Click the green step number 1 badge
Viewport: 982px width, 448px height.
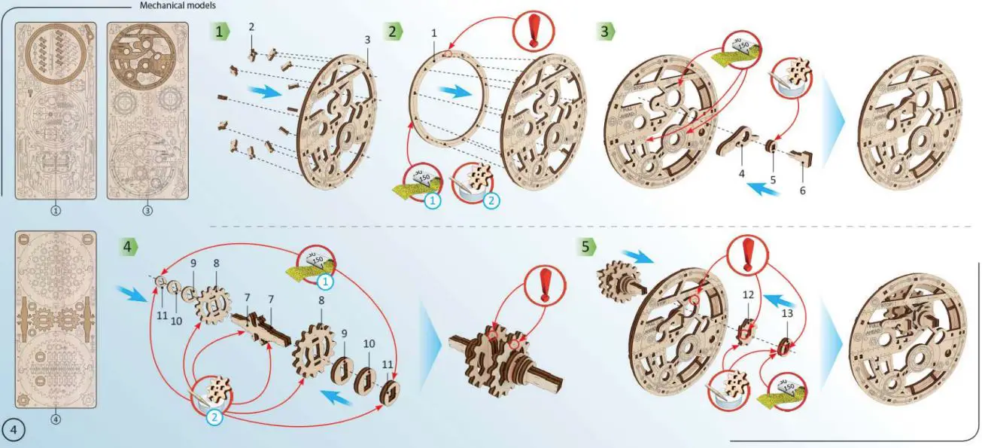click(219, 32)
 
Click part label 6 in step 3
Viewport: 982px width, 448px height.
click(802, 190)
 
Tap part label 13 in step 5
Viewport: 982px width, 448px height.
click(788, 313)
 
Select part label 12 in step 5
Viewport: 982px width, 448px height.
click(748, 295)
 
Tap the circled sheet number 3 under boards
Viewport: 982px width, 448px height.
click(147, 211)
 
